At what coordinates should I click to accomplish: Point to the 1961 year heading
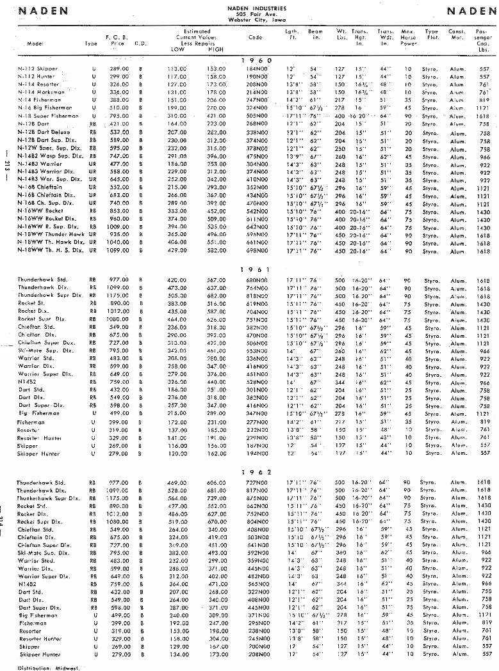click(255, 270)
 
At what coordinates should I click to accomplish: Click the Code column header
click(255, 37)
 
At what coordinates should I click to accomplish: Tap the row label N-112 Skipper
click(38, 68)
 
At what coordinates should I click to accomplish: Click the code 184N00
click(255, 68)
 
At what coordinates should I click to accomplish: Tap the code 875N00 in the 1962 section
click(255, 497)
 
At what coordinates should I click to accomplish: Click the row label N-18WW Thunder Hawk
click(48, 235)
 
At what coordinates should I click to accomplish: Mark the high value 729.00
click(217, 497)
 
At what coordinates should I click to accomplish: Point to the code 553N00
click(255, 351)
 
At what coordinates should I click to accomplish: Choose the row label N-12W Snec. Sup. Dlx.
click(47, 148)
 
